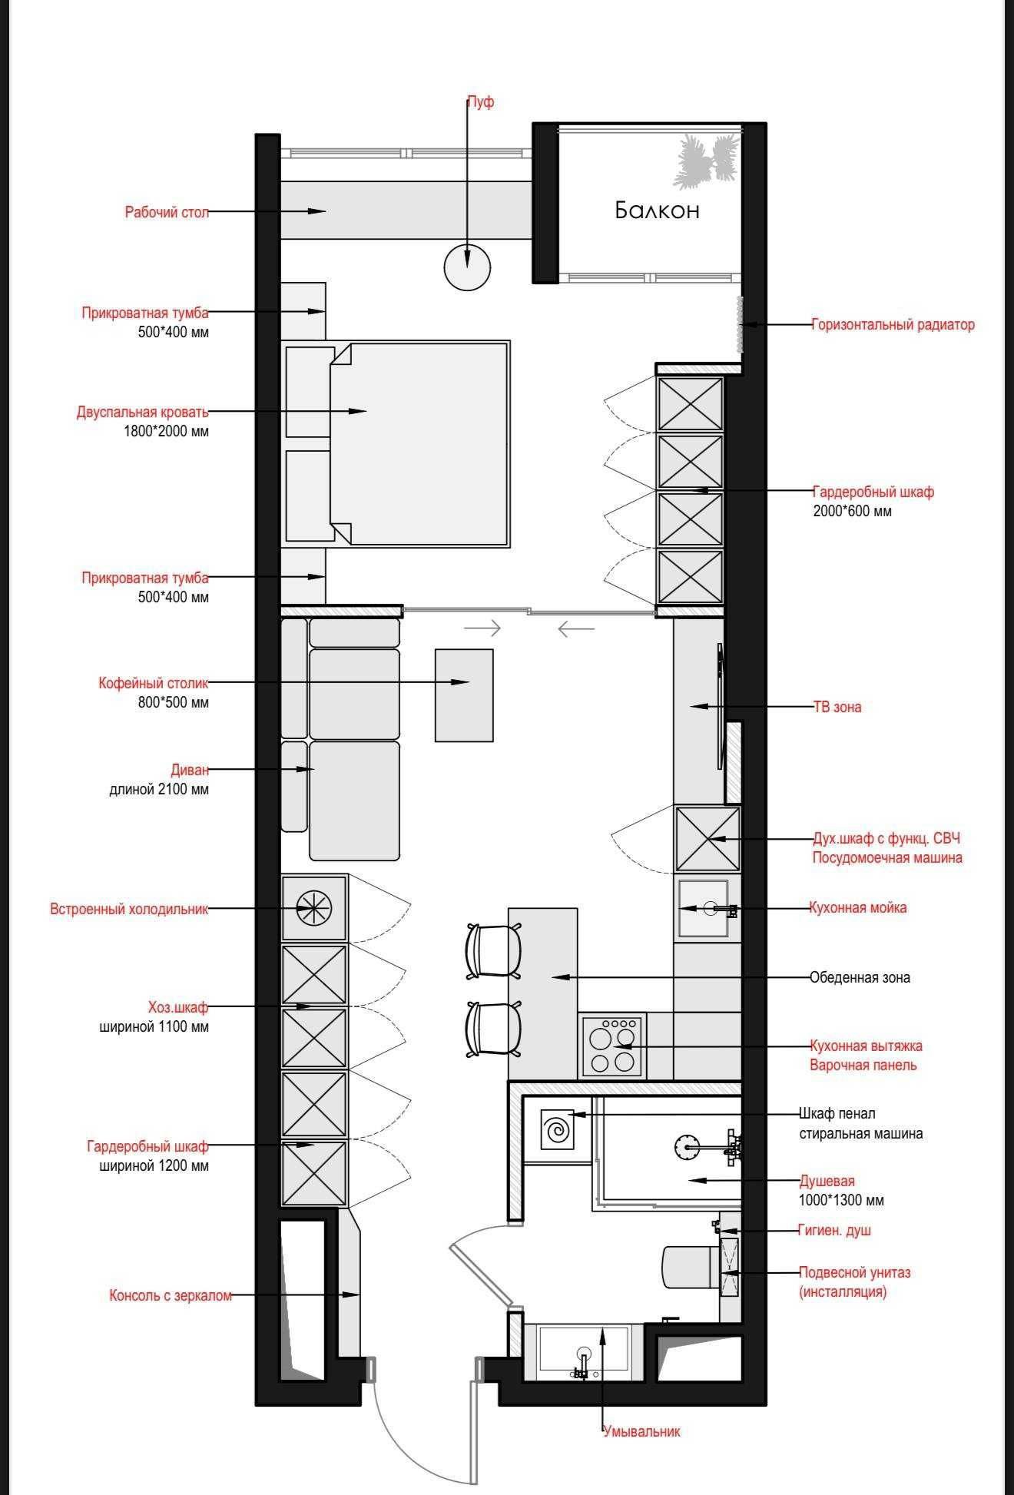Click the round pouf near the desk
(x=467, y=267)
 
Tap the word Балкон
(x=657, y=210)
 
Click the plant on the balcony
(x=706, y=161)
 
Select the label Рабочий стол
(x=167, y=212)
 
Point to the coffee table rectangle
(x=464, y=695)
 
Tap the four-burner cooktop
(x=612, y=1046)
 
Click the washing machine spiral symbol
(x=556, y=1129)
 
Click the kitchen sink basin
(x=703, y=909)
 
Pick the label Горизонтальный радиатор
(x=893, y=324)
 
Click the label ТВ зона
(x=837, y=707)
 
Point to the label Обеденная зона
(x=860, y=978)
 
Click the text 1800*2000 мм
(x=166, y=431)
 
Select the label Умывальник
(x=642, y=1431)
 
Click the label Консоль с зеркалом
(x=171, y=1295)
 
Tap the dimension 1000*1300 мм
(x=841, y=1200)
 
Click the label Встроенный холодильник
(x=129, y=909)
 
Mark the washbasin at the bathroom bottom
(x=584, y=1350)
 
